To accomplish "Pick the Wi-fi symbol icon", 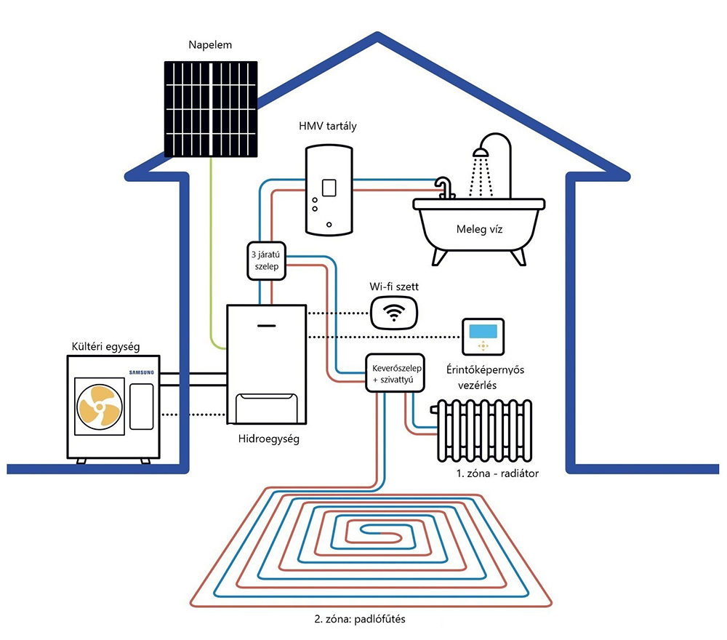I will (394, 312).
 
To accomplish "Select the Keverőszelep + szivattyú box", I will (393, 372).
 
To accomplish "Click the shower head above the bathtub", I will (480, 153).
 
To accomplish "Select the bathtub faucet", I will (443, 187).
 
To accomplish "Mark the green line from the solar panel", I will (211, 255).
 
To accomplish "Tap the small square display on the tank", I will (329, 187).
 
